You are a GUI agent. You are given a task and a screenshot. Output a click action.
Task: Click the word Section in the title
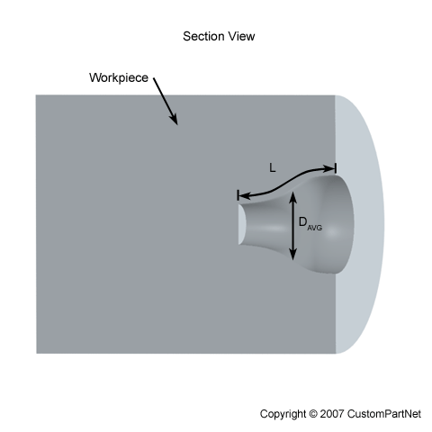203,36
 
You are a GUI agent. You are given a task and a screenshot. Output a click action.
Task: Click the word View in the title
241,36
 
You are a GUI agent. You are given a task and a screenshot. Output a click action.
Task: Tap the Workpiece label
119,78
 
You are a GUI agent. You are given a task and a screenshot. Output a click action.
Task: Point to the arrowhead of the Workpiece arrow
175,120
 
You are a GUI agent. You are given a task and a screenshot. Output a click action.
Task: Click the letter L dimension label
272,168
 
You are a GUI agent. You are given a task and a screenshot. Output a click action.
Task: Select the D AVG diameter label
310,224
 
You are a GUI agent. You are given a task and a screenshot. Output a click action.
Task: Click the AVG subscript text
315,228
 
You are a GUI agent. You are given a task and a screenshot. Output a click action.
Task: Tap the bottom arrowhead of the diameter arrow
293,255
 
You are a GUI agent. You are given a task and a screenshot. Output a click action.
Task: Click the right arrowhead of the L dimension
329,169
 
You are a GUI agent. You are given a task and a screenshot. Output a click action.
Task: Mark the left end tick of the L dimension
238,195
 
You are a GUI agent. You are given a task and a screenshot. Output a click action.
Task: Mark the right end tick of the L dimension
336,168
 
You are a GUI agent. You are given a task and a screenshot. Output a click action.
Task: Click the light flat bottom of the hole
242,224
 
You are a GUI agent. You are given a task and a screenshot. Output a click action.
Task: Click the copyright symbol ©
312,414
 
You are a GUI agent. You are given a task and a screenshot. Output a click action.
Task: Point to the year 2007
332,414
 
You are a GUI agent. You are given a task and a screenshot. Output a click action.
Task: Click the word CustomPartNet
384,414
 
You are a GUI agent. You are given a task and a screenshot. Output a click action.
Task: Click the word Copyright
283,414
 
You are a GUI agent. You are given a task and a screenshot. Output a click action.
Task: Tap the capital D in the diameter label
303,222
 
